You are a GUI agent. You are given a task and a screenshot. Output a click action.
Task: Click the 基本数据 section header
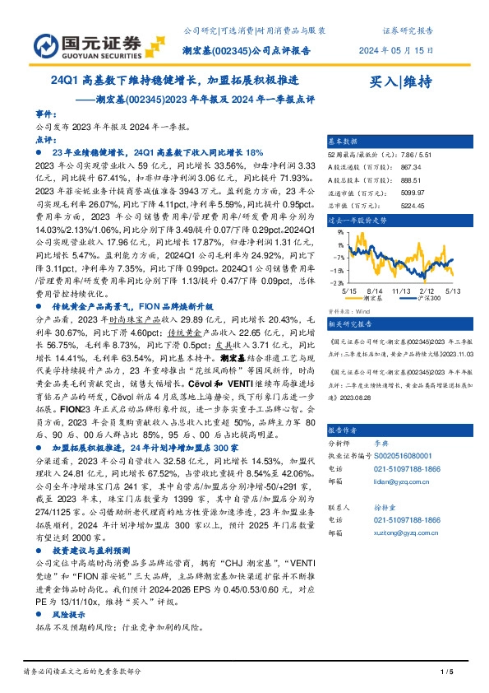coord(344,141)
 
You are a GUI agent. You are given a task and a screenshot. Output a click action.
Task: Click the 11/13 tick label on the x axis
coord(402,291)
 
